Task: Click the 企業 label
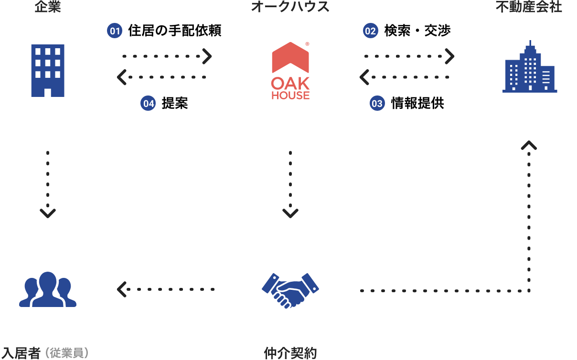click(x=47, y=7)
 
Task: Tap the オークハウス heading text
click(x=290, y=7)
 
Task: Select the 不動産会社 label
click(x=529, y=7)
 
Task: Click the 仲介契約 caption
click(x=290, y=353)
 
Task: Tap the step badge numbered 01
click(x=115, y=32)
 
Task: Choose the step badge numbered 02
click(x=370, y=32)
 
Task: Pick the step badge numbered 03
click(x=377, y=103)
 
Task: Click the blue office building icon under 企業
click(x=47, y=71)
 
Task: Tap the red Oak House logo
click(x=290, y=71)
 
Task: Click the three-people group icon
click(x=47, y=289)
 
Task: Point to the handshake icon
click(x=290, y=290)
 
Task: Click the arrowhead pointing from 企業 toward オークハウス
click(x=207, y=56)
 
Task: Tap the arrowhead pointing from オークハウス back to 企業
click(x=121, y=76)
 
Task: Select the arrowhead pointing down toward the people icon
click(x=47, y=213)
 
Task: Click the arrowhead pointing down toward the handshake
click(x=290, y=213)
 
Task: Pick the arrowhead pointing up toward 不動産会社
click(x=529, y=145)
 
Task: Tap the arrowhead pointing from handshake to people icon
click(x=121, y=289)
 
